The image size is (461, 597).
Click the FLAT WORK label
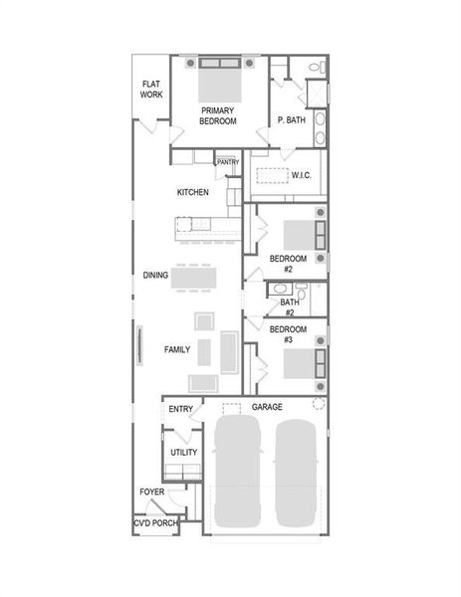[x=151, y=90]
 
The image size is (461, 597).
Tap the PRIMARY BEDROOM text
[x=218, y=115]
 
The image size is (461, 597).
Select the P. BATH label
[x=291, y=120]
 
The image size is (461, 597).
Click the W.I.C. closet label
[x=303, y=176]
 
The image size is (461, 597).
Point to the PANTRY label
[x=227, y=161]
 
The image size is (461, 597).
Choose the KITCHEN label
[x=192, y=192]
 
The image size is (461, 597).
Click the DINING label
[x=155, y=276]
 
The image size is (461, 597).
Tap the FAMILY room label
[x=177, y=350]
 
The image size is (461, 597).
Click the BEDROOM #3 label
[x=288, y=334]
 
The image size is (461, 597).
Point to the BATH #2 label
[x=288, y=306]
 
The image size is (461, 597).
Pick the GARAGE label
[x=267, y=407]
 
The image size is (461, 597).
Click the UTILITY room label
[x=183, y=453]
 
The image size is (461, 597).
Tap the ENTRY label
[x=181, y=409]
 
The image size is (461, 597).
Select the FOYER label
[x=151, y=492]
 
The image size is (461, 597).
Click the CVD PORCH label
[x=155, y=523]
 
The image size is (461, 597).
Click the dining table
[x=194, y=278]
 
